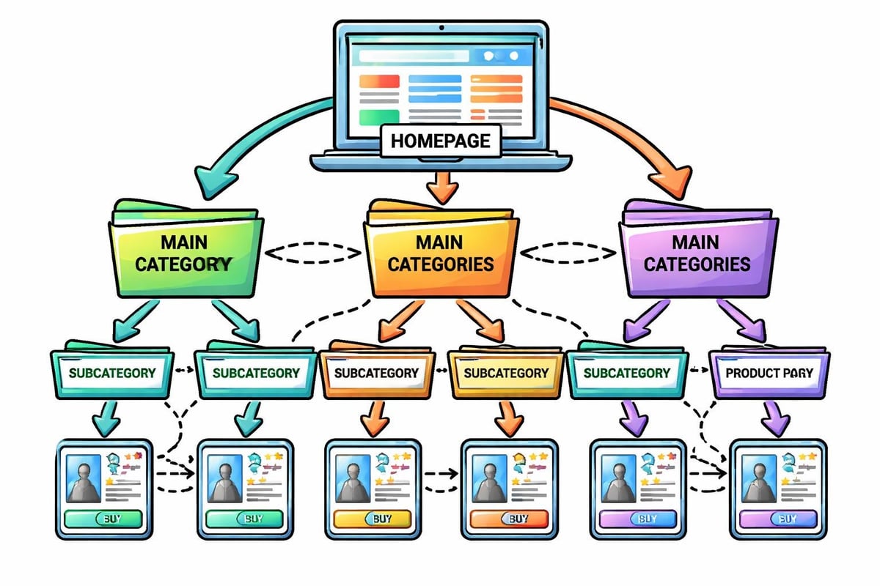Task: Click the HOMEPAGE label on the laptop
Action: (x=440, y=141)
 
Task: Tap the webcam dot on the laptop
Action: (x=440, y=28)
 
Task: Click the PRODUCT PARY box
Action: (x=769, y=373)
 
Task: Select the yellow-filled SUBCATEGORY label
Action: (x=506, y=373)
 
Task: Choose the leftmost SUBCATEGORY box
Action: (x=112, y=373)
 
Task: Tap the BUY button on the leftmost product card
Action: (x=104, y=519)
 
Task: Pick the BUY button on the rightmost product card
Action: (x=777, y=519)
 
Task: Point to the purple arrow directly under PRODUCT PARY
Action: (x=774, y=419)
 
